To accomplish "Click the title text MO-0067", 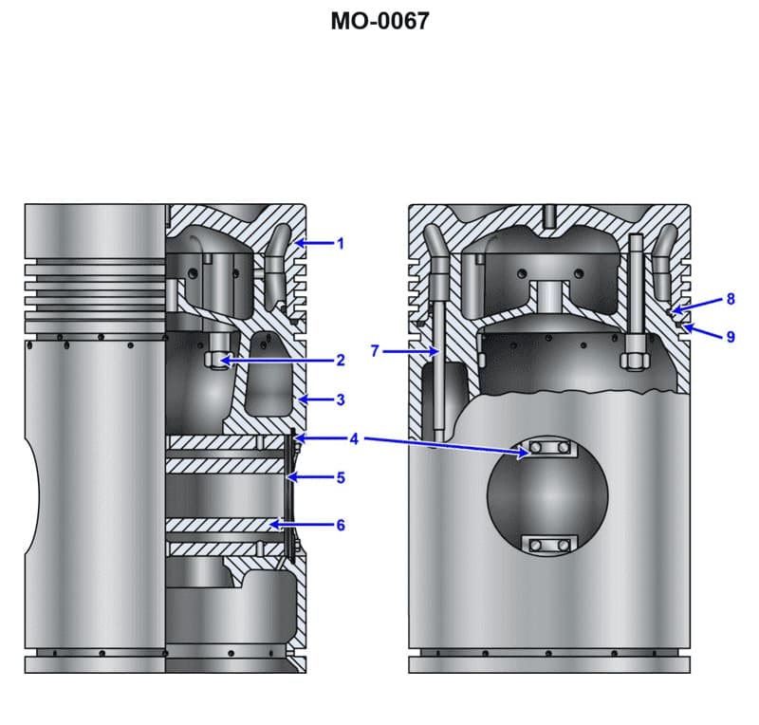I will coord(379,20).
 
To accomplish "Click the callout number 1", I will coord(341,244).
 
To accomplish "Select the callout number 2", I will coord(341,361).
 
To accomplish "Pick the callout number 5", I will coord(341,477).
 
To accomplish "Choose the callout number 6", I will coord(341,524).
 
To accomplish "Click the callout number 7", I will coord(376,351).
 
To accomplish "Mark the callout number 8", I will coord(730,299).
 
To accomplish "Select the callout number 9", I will coord(730,336).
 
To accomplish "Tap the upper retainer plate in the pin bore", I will coord(549,447).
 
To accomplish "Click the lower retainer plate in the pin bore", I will coord(549,544).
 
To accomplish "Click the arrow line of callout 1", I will coord(315,244).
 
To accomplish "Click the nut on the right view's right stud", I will coord(633,362).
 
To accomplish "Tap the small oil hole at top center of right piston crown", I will coord(548,216).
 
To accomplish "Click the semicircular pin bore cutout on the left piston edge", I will coord(34,493).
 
